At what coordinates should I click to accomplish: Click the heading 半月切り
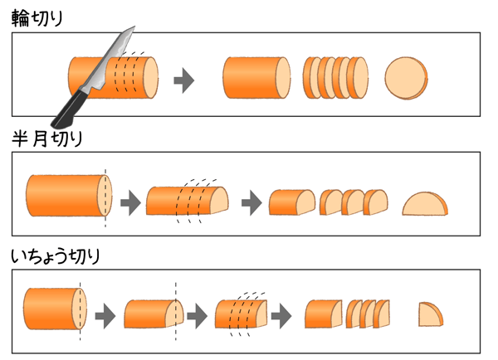(x=47, y=139)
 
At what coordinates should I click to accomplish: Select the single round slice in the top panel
(x=407, y=80)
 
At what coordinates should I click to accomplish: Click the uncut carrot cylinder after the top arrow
(x=255, y=79)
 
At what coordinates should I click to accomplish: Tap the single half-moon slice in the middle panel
(x=426, y=203)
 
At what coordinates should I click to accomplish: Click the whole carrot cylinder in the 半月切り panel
(x=66, y=196)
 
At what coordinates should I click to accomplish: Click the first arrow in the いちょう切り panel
(x=104, y=314)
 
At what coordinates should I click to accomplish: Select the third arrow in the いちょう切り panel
(x=282, y=314)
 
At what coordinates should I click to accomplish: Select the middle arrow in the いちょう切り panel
(x=196, y=314)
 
